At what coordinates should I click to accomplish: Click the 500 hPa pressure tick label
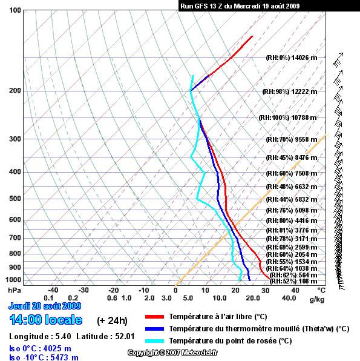tap(15, 199)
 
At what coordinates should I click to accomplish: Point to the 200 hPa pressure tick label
tap(15, 90)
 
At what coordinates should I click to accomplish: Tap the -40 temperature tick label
tap(53, 290)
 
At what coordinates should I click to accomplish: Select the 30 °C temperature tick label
tap(265, 290)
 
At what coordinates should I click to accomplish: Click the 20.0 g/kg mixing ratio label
tap(253, 298)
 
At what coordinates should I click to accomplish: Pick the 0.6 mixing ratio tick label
tap(112, 298)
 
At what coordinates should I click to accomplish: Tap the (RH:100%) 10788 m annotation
tap(287, 118)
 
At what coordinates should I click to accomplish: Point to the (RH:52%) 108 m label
tap(293, 281)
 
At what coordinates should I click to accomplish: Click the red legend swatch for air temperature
tap(154, 317)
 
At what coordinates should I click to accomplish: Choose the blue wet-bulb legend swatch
tap(154, 329)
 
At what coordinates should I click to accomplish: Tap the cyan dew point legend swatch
tap(154, 341)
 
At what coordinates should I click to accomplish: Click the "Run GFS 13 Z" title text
tap(201, 6)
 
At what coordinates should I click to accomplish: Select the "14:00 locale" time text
tap(46, 320)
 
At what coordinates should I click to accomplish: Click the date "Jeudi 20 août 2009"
tap(45, 306)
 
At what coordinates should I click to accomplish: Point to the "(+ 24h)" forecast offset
tap(112, 320)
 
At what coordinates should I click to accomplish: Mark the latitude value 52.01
tap(125, 336)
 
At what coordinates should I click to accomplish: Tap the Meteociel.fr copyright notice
tap(172, 353)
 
